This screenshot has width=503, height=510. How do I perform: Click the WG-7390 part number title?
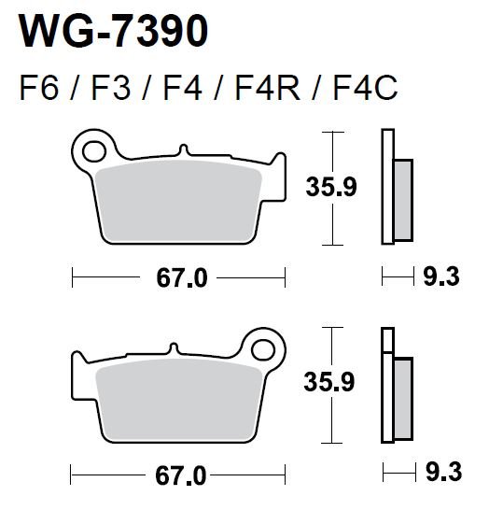click(113, 32)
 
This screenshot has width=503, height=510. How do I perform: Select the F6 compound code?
click(39, 88)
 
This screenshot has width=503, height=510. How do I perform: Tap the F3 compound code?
click(111, 88)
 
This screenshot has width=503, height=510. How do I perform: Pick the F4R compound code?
click(268, 88)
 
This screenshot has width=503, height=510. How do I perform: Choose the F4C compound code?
click(365, 88)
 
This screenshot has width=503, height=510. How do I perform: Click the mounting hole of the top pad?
click(94, 151)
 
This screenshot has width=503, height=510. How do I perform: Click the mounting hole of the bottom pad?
click(263, 350)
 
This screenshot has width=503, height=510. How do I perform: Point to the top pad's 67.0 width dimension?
click(182, 278)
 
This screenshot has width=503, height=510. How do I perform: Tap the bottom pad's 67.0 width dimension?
click(181, 475)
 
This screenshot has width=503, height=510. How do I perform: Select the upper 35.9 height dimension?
click(331, 187)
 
